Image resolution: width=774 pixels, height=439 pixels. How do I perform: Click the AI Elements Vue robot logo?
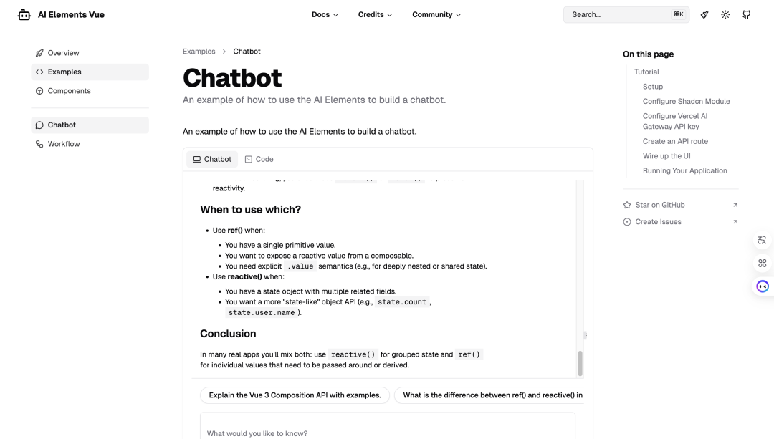point(24,14)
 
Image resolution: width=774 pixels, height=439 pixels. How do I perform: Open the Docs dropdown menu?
point(325,14)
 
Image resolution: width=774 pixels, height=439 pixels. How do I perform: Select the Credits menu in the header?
point(375,14)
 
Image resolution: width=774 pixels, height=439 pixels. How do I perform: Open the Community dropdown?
point(436,14)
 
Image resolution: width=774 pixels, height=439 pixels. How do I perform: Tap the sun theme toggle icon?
point(725,14)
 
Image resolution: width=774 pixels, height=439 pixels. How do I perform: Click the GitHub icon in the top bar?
point(746,14)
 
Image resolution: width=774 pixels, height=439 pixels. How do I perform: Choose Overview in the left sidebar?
point(63,53)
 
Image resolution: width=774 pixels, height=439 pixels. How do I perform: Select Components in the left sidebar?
point(69,91)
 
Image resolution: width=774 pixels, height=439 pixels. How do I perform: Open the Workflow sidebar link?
point(64,144)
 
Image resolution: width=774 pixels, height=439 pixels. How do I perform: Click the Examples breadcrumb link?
point(199,52)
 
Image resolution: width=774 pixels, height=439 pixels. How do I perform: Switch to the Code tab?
point(259,159)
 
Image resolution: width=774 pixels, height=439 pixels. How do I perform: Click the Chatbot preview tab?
point(212,159)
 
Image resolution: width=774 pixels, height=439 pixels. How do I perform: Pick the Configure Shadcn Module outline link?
point(686,102)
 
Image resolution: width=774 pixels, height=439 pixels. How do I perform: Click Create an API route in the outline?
point(675,142)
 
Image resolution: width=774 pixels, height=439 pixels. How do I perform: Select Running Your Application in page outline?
point(684,171)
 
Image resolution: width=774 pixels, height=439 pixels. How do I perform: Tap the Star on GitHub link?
point(659,205)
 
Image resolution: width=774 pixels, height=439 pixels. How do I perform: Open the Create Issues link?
point(658,222)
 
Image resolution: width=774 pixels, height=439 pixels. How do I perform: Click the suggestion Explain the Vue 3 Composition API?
point(295,395)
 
